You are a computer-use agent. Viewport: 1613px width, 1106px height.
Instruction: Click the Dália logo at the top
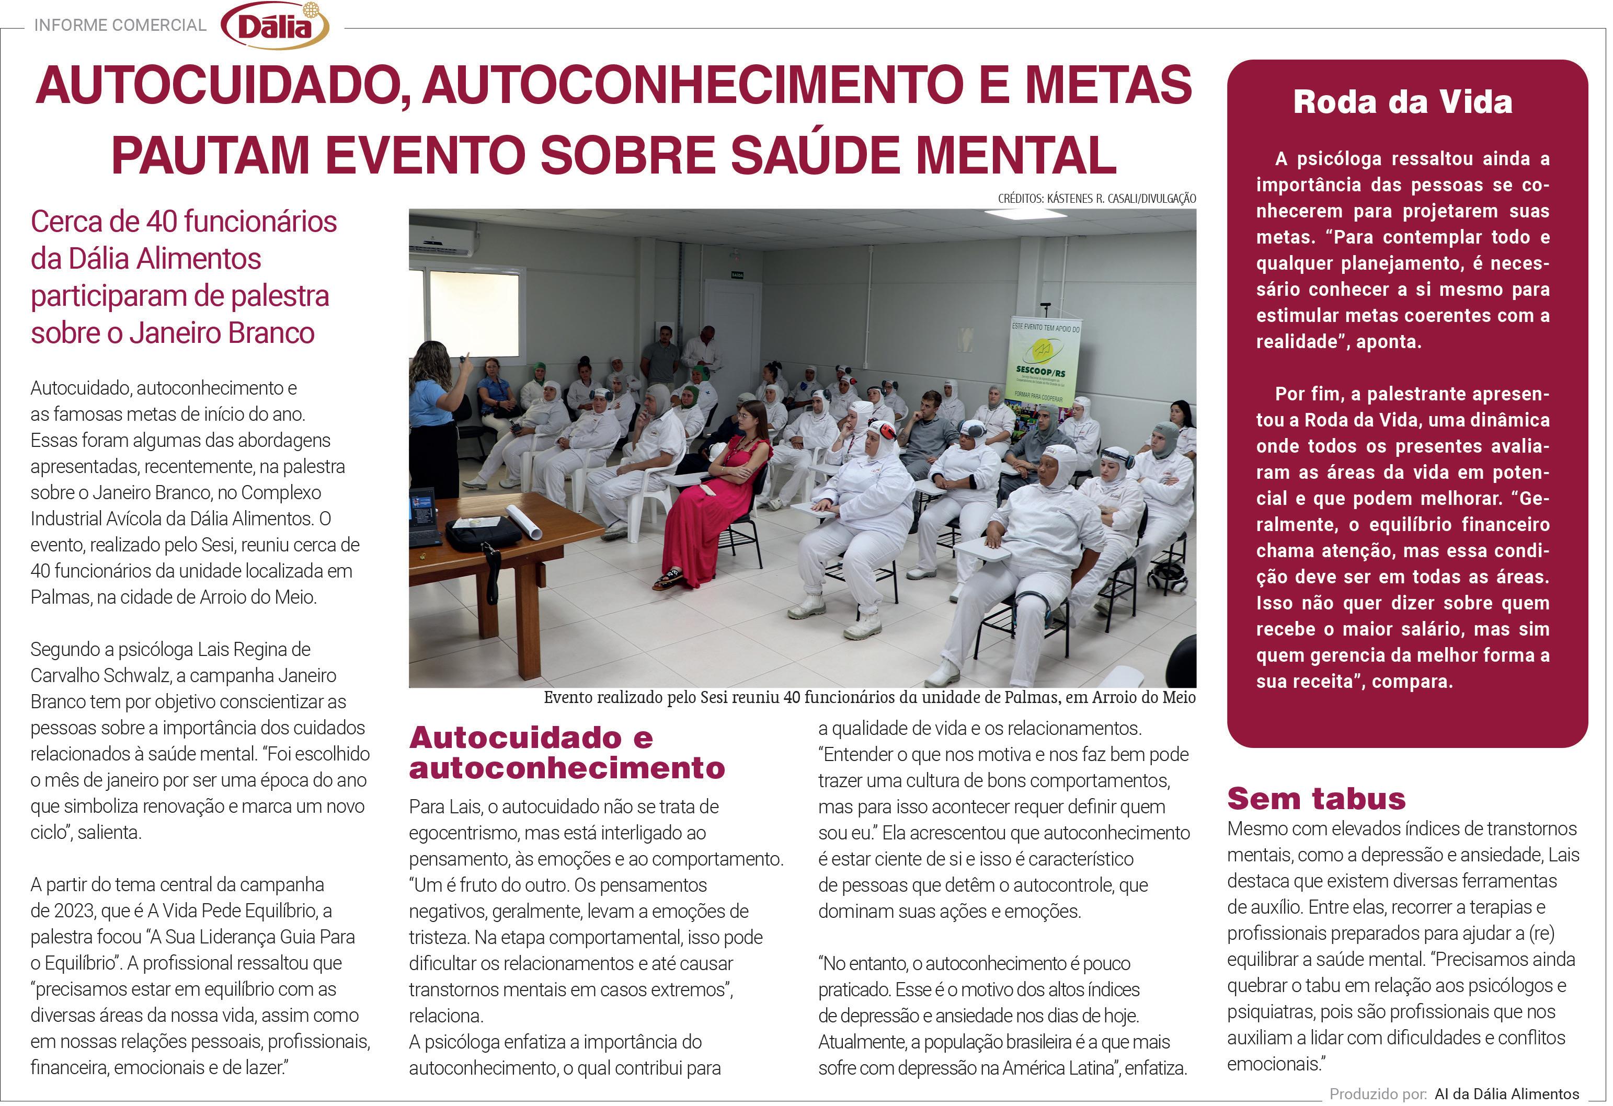[x=275, y=26]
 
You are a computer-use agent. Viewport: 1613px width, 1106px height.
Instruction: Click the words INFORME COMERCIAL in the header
[x=120, y=26]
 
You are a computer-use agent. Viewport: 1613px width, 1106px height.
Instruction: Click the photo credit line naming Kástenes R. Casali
[x=1096, y=199]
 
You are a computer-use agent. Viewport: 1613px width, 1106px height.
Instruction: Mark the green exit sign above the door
[x=736, y=275]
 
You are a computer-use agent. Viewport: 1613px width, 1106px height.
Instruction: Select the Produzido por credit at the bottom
[x=1454, y=1094]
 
